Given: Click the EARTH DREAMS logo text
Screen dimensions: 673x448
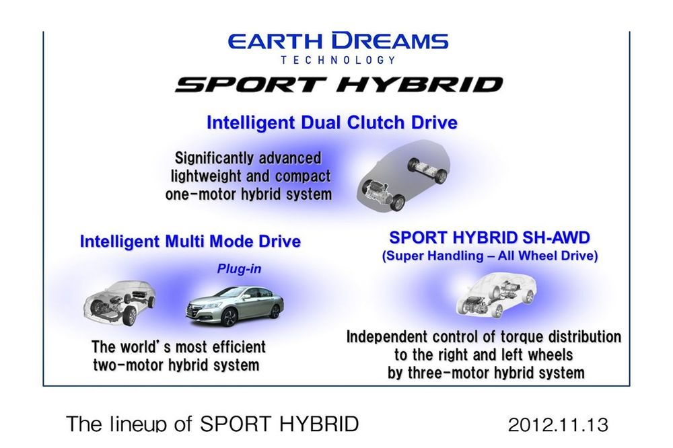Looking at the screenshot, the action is point(338,41).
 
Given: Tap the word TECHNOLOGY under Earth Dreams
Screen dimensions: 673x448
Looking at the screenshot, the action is point(338,60).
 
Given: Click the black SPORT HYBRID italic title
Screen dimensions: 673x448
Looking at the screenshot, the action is point(339,85).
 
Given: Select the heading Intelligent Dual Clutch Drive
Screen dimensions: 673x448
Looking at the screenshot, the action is point(332,122).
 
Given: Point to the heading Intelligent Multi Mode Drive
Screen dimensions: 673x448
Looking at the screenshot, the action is point(190,241).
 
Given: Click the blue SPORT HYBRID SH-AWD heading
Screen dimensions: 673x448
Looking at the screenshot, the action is point(489,237).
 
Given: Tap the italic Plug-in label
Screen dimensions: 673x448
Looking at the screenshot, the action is point(239,269).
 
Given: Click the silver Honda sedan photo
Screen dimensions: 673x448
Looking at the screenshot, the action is point(234,306).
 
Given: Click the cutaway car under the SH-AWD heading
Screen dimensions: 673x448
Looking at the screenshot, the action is point(496,295).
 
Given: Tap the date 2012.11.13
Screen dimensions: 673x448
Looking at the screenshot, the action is point(558,425).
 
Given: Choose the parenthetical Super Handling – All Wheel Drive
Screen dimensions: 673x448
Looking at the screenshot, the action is point(490,256).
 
